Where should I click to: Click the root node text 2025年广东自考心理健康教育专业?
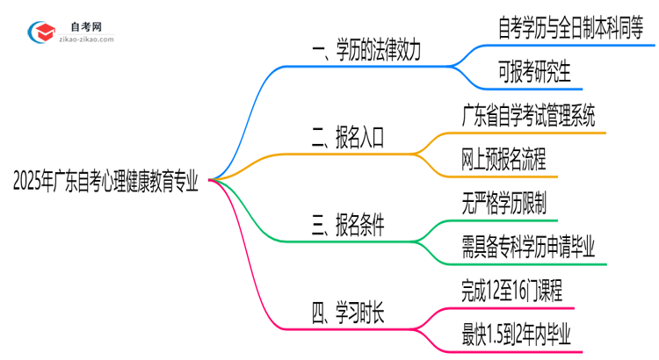[105, 183]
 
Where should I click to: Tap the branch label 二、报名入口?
[349, 137]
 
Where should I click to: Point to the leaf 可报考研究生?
[522, 72]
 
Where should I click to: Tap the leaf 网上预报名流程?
[503, 159]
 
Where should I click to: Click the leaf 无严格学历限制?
[503, 203]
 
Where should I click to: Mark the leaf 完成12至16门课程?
[511, 291]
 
